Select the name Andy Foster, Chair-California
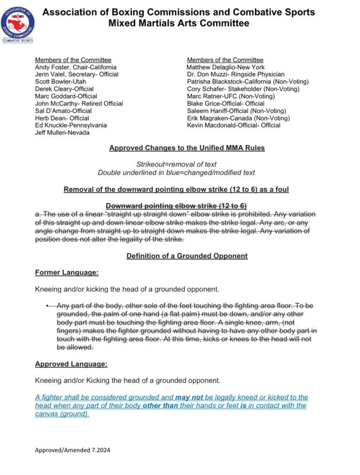[76, 67]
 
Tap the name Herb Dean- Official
[62, 118]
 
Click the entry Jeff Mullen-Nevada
[63, 133]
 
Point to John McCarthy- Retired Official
[79, 103]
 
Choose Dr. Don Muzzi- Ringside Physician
[236, 74]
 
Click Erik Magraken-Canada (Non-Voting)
[238, 118]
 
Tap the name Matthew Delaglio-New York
[225, 67]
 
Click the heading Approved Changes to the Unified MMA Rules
[187, 148]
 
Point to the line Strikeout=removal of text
[176, 164]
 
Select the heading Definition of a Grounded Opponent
[187, 256]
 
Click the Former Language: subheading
[66, 273]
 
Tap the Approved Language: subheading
[71, 364]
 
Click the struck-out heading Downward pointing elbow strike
[176, 205]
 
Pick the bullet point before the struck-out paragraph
[47, 306]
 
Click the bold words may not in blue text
[189, 398]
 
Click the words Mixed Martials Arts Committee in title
[179, 23]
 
